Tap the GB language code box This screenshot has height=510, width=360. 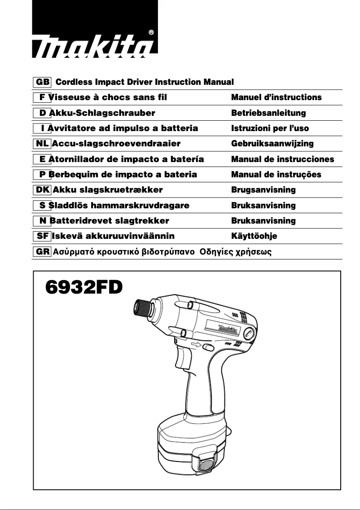pos(43,82)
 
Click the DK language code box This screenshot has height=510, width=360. pos(42,190)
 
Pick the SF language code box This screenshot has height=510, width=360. pos(42,236)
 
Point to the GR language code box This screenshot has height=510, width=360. pos(43,251)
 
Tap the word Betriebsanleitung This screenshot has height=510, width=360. pos(268,113)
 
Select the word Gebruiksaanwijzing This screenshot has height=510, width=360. pos(272,144)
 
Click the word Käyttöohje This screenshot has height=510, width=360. pos(254,236)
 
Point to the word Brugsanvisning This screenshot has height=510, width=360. pos(263,190)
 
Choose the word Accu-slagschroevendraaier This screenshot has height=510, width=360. pos(116,144)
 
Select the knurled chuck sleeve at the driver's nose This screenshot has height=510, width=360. pos(143,308)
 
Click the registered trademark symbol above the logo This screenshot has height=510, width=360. pos(151,32)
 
